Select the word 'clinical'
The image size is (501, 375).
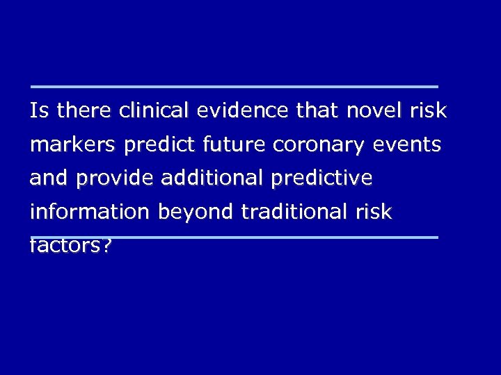154,110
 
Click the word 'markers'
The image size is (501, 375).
73,145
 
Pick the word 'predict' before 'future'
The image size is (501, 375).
160,145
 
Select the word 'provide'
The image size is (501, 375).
115,179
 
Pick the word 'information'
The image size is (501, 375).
89,212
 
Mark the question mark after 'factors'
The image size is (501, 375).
106,247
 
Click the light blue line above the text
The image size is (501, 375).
234,87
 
